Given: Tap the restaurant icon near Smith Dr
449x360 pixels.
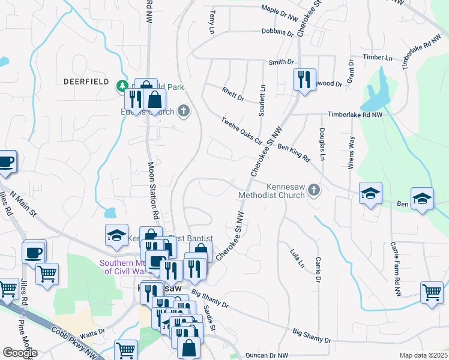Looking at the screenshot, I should click(x=304, y=79).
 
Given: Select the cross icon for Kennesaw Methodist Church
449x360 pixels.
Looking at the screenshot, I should click(x=314, y=191).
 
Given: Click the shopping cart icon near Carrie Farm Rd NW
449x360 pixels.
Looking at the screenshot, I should click(x=432, y=293).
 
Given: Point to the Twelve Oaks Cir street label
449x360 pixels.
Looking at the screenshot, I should click(x=241, y=130).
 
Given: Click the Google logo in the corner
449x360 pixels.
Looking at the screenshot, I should click(x=20, y=353).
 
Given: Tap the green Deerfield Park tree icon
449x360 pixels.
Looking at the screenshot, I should click(x=122, y=86).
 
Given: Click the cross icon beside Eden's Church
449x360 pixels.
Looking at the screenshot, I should click(x=184, y=111).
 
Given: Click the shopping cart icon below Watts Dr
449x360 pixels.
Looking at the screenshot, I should click(x=125, y=349).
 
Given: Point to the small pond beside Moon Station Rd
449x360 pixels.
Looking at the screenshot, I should click(x=110, y=212).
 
